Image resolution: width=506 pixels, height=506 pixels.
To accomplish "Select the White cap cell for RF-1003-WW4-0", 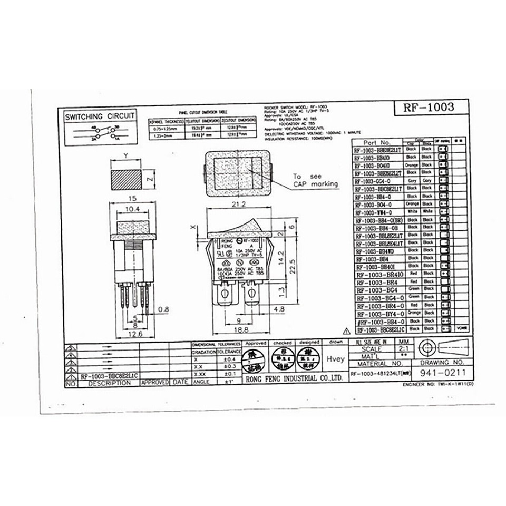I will [x=412, y=211].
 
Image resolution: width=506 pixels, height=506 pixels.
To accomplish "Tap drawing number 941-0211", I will [x=442, y=373].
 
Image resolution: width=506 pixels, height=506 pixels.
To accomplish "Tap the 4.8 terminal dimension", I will [x=280, y=309].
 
